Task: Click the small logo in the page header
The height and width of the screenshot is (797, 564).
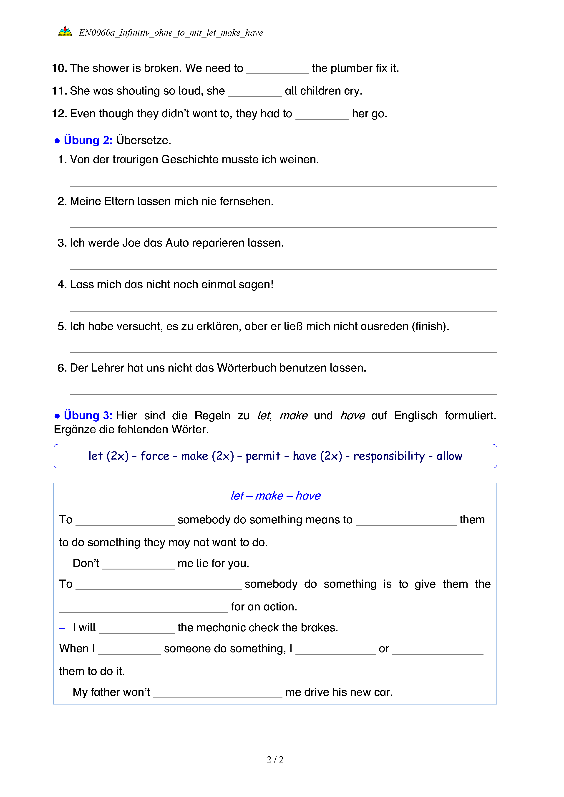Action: [65, 32]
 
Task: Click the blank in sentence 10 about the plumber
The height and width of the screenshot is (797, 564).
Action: [277, 69]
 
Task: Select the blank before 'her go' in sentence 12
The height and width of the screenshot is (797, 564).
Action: [322, 115]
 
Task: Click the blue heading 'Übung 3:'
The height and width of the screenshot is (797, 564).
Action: [88, 415]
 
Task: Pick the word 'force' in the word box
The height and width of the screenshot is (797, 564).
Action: [155, 456]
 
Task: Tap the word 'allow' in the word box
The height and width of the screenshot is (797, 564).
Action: [449, 456]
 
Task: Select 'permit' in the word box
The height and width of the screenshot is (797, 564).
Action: [263, 456]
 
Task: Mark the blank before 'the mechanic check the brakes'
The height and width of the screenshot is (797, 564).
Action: [136, 629]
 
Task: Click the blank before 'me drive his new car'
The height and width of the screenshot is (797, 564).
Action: [218, 693]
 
